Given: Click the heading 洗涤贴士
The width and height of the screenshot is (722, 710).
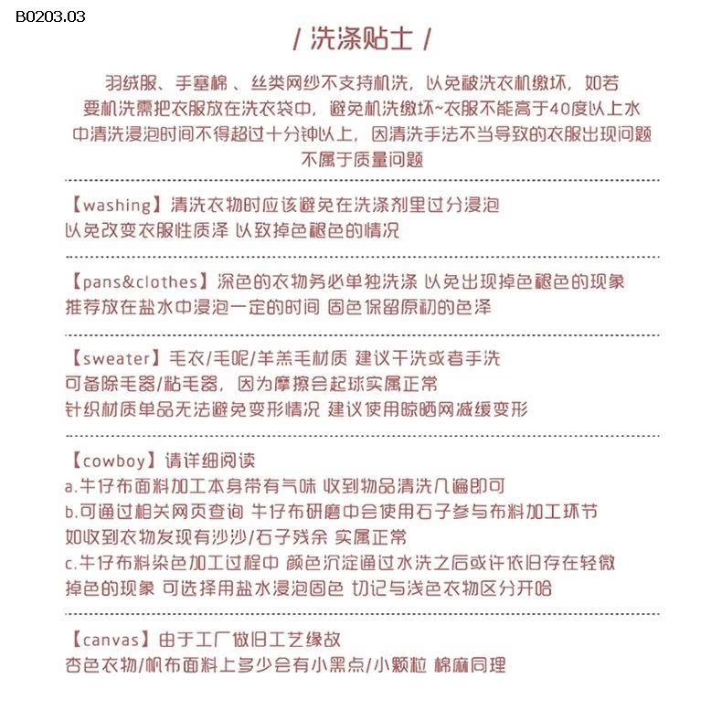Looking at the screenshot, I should tap(361, 39).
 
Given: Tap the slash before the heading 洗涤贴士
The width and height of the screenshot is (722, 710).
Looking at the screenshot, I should tap(295, 40).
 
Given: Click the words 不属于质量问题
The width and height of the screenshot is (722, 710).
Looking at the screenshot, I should tap(361, 158).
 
